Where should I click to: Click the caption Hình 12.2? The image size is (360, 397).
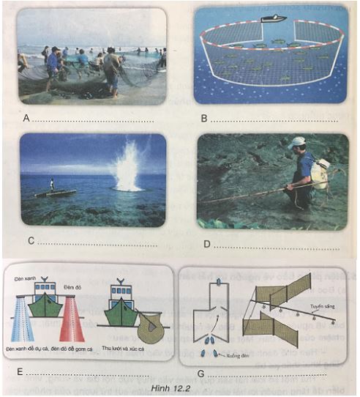tap(176, 385)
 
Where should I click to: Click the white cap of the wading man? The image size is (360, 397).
tap(296, 142)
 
